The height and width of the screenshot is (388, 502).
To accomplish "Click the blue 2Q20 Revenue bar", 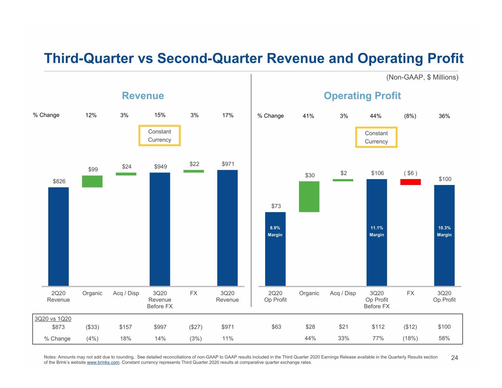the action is point(58,236).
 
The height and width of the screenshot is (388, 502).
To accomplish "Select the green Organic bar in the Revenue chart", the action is point(92,181).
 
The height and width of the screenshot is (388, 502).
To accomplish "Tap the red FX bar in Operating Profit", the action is point(410,182).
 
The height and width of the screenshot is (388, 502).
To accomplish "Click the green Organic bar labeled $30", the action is point(309,196).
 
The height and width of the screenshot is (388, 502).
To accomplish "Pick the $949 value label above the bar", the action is point(160,167).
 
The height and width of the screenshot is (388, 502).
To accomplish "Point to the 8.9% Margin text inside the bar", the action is point(275,231).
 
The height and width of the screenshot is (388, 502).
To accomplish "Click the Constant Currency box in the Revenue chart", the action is point(159,136).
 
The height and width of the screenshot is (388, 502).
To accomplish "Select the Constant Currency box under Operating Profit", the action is point(376,137).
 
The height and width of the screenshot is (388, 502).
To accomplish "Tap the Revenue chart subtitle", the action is point(143,96).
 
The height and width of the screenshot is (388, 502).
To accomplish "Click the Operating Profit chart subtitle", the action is point(362,96).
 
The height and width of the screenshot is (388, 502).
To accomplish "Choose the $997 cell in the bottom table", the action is point(160,327).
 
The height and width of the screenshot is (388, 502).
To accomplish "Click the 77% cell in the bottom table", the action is point(378,338).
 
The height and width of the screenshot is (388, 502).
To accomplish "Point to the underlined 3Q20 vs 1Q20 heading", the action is point(53,319).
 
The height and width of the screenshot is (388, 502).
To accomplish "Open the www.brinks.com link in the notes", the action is point(103,362).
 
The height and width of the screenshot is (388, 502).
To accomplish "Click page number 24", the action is point(455,358).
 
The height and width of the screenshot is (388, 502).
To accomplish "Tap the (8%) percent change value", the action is point(410,116).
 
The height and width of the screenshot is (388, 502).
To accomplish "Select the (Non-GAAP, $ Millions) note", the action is point(422,77).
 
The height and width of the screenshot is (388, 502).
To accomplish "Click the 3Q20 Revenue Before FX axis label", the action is point(160,299).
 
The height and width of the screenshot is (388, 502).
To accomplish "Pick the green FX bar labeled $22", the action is point(193,171).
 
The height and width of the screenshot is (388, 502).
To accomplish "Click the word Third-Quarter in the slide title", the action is point(89,58).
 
